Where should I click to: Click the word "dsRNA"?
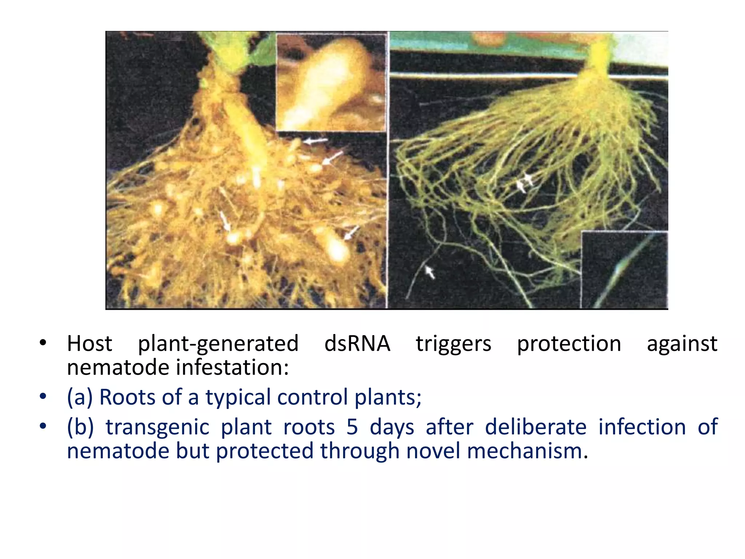[x=357, y=344]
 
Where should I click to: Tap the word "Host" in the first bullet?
[x=89, y=344]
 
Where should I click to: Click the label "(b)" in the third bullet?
[x=80, y=427]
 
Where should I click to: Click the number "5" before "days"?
[x=352, y=427]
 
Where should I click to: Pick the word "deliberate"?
[x=535, y=427]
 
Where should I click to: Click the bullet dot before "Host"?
[x=43, y=343]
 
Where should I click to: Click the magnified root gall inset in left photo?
[x=331, y=83]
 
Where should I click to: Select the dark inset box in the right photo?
[x=624, y=270]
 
